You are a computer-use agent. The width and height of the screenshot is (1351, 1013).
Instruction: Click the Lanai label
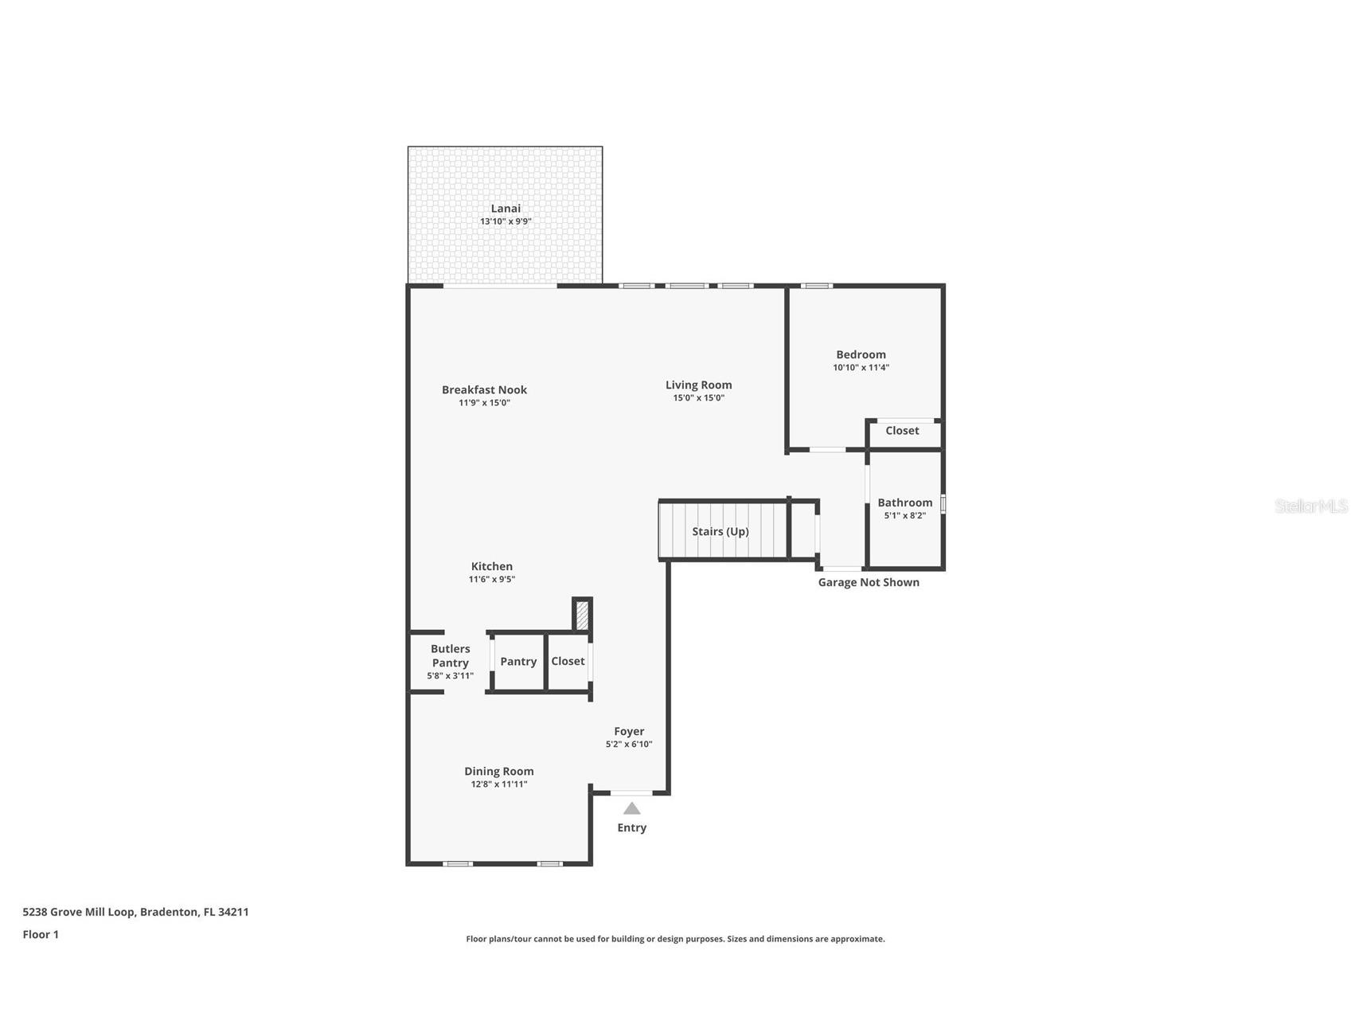505,209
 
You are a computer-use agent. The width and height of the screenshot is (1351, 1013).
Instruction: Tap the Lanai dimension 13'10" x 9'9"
505,221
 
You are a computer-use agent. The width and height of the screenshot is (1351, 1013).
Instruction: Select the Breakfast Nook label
484,389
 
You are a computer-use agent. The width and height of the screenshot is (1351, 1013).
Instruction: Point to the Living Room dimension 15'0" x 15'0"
698,398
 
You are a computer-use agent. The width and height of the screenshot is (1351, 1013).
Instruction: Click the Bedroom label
861,354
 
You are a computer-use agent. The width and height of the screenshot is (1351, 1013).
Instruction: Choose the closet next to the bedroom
902,431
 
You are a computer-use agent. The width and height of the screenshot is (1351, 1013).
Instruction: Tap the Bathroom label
904,503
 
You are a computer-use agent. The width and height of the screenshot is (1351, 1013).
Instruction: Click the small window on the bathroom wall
943,504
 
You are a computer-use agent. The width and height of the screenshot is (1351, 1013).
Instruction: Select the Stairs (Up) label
720,531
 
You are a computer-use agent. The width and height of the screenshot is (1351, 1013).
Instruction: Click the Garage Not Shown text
869,582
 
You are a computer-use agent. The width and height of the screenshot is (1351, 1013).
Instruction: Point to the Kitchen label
491,566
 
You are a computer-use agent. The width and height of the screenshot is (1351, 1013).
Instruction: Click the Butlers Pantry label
450,655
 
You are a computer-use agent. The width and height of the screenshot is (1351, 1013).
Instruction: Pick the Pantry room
518,662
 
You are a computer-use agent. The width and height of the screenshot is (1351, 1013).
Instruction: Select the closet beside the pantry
568,661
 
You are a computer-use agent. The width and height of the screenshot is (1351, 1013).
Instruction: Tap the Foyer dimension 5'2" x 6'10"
628,745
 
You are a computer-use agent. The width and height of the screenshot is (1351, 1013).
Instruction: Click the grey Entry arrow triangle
631,809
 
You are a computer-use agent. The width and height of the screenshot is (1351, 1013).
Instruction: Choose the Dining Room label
498,771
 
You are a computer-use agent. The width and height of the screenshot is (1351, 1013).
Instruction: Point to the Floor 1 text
41,934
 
